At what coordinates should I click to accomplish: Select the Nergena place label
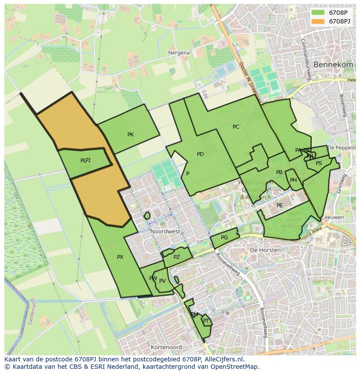tap(179, 53)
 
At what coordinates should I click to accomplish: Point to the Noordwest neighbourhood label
tap(165, 232)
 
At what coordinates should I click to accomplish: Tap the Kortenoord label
tap(166, 348)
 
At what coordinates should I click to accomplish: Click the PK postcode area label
tap(130, 135)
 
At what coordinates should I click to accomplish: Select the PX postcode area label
tap(120, 257)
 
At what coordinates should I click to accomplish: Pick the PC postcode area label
tap(236, 127)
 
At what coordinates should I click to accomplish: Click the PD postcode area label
tap(200, 154)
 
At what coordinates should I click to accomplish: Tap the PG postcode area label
tap(224, 238)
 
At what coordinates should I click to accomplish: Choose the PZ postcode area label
tap(177, 257)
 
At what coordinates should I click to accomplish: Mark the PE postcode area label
tap(280, 205)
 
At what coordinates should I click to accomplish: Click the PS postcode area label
tap(319, 163)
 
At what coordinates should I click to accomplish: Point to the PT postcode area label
tap(206, 321)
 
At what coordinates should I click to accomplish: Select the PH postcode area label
tap(293, 180)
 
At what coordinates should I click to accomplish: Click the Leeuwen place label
tap(335, 217)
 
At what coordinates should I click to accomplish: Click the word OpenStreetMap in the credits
tap(237, 367)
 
